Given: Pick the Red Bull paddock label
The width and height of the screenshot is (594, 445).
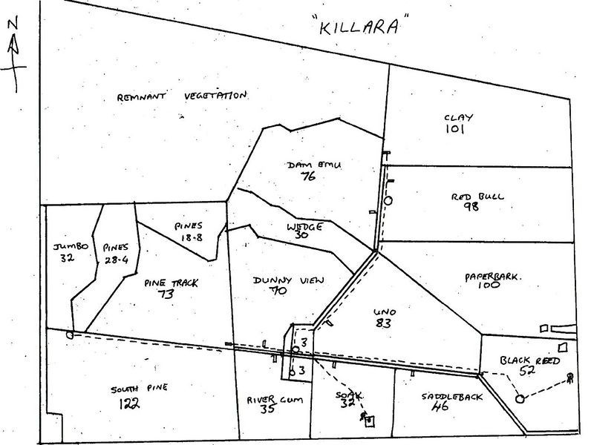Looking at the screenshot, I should pos(477,197).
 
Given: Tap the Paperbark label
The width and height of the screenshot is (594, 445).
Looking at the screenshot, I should pos(495,276).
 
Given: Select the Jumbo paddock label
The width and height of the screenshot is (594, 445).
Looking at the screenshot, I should pos(71,245).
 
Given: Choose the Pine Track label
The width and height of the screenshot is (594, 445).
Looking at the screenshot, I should pos(162,281).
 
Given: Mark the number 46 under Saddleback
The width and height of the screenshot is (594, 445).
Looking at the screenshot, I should pos(440,407).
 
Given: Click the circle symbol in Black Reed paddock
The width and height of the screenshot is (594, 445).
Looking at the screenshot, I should pos(520,400).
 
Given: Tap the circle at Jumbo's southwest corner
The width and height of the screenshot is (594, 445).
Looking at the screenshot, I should pos(70,334).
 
